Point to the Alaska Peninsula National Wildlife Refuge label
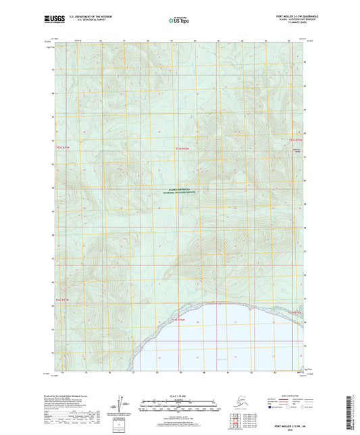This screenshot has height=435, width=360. (180, 191)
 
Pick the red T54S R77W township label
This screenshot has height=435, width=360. (62, 300)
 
